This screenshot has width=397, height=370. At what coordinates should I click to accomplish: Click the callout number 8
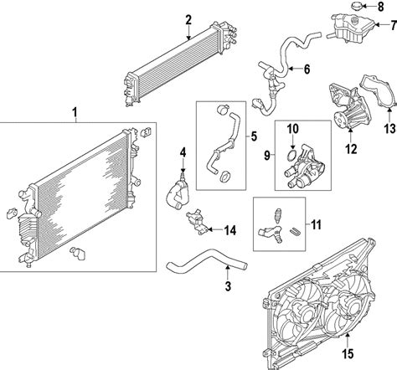pos(380,7)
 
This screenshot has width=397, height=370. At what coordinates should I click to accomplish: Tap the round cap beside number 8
pos(357,6)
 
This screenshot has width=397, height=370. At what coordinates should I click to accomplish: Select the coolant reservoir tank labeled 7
pos(350,28)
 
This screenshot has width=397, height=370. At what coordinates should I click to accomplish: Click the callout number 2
pos(188,20)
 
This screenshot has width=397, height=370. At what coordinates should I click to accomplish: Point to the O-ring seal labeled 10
pos(291,155)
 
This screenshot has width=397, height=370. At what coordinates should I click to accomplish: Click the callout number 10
pos(293,129)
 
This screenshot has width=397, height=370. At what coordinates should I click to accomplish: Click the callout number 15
pos(348,353)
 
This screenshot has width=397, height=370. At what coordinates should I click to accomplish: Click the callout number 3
pos(228,286)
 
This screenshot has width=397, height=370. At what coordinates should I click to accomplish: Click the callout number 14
pos(230,230)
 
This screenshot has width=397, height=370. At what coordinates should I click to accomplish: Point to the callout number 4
pos(183,152)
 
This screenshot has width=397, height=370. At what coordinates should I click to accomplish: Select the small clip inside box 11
pos(296,232)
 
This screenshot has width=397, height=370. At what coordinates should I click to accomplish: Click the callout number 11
pos(316,224)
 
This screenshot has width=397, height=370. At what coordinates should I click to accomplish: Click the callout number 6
pos(307,69)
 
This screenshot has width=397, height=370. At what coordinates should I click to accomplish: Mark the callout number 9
pos(267,156)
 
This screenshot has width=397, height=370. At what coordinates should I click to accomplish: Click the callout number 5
pos(254,136)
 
